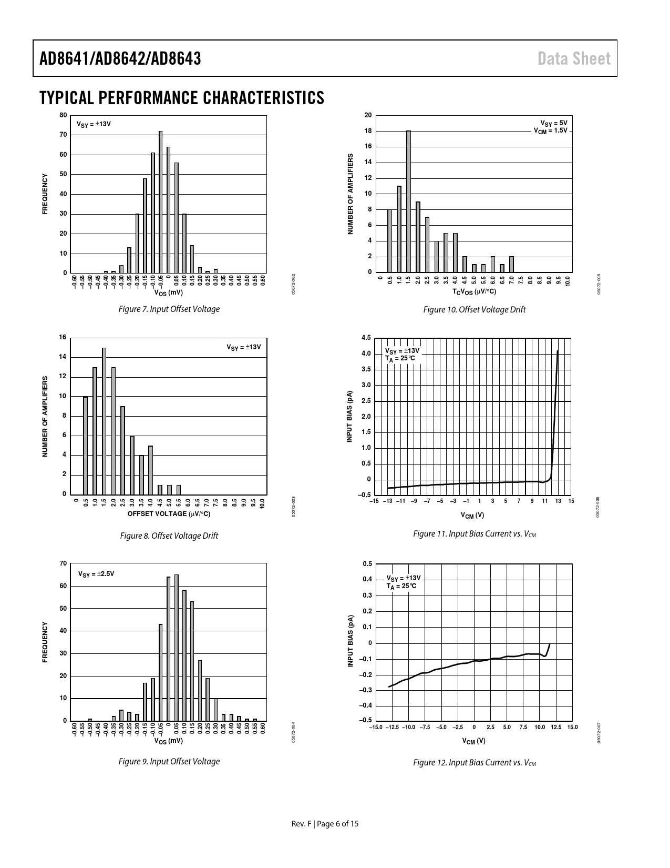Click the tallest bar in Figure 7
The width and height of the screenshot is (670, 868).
161,203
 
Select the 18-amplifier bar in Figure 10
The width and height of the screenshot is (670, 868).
408,201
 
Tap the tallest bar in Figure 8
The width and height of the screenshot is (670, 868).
104,421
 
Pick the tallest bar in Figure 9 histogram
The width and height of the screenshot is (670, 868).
177,648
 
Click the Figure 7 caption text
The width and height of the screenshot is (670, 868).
169,309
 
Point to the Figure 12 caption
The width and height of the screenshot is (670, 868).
474,763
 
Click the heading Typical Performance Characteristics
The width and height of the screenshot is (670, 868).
182,98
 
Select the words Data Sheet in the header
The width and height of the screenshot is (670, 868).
574,59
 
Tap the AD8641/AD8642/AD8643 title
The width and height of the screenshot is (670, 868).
120,59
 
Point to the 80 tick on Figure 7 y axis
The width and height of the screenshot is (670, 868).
64,115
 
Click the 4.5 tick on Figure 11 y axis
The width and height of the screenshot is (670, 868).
366,338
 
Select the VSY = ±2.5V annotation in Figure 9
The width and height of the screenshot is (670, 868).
96,574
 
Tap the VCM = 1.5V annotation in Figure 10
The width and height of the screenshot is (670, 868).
550,130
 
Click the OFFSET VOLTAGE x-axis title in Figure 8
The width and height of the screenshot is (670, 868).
169,513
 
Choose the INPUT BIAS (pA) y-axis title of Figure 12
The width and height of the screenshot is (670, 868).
351,642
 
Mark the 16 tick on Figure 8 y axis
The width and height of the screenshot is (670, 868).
63,337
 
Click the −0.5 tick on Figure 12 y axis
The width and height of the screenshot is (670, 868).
367,720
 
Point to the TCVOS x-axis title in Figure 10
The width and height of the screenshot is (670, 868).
474,291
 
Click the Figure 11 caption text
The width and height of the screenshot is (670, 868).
474,534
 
